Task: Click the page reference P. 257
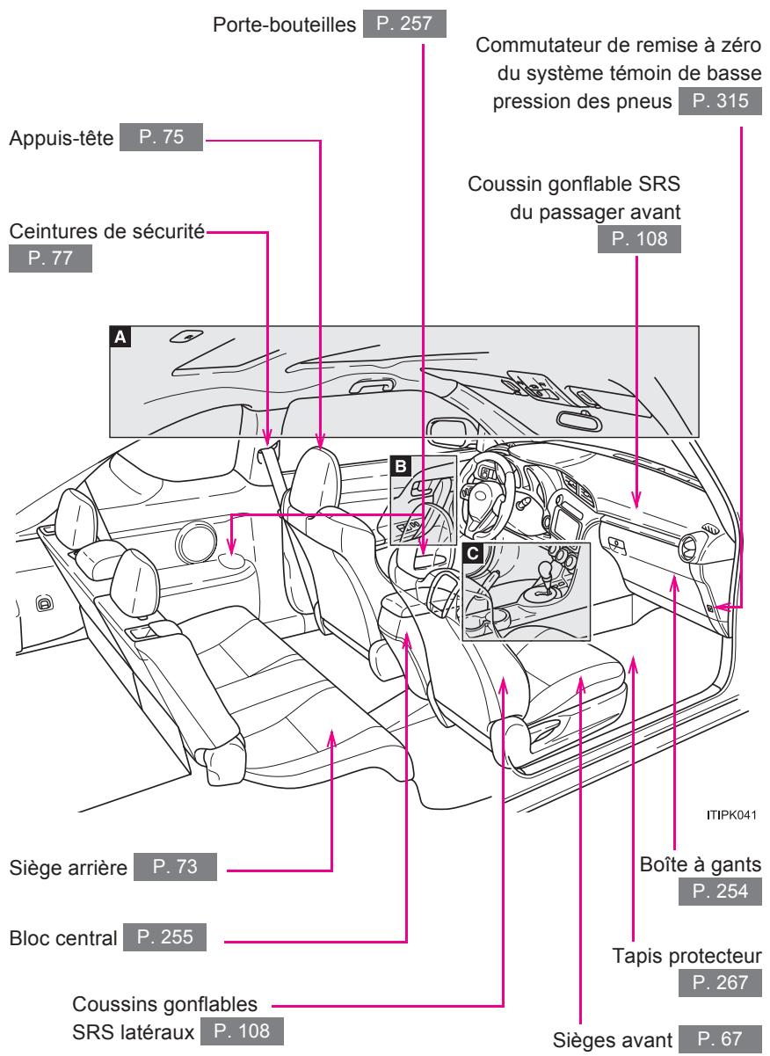pyautogui.click(x=417, y=22)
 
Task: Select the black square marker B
pyautogui.click(x=400, y=467)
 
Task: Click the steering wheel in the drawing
pyautogui.click(x=482, y=488)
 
